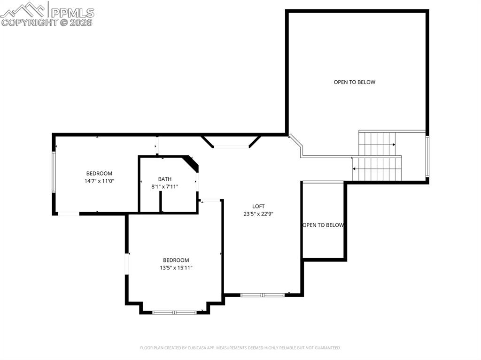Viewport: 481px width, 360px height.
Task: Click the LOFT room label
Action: point(258,206)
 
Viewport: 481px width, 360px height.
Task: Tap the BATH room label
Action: point(164,179)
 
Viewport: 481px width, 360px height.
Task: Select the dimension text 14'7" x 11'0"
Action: point(99,181)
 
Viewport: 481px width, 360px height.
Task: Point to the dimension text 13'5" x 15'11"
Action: point(176,268)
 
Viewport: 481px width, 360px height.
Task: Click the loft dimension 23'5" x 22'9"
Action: point(258,214)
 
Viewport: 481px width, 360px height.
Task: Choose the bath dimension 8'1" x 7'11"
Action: point(164,187)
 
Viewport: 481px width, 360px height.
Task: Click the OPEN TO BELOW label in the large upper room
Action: point(355,82)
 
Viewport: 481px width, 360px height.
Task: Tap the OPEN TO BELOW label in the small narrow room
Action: point(323,225)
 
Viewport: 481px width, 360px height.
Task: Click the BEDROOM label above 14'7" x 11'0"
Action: point(99,173)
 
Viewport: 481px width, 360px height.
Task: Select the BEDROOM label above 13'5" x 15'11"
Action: point(176,260)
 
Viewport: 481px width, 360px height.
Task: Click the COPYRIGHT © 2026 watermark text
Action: point(47,22)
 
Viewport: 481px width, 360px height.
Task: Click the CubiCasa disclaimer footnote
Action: point(240,348)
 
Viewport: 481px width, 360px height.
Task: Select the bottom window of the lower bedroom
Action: point(175,312)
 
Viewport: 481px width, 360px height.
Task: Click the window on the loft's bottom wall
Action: point(263,295)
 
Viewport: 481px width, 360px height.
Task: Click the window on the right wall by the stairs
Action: point(427,156)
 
